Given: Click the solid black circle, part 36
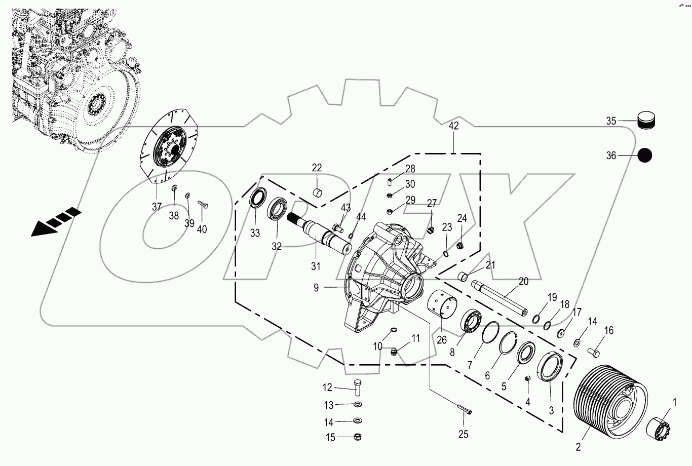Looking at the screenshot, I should click(x=644, y=156).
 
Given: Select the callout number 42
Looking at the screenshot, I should click(x=453, y=126).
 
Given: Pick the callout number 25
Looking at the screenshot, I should click(x=463, y=434).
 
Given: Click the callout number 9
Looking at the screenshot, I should click(x=316, y=288).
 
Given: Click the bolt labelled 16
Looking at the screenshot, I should click(x=594, y=351).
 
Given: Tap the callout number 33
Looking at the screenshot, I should click(x=255, y=233).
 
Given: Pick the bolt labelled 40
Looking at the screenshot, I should click(x=204, y=205).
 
